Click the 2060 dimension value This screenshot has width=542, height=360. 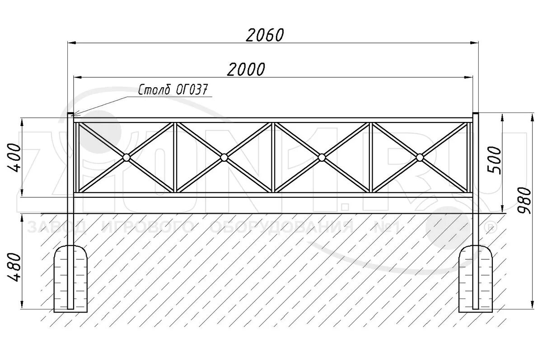coord(266,35)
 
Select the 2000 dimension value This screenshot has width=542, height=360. coord(246,69)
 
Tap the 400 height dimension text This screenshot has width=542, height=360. coord(14,158)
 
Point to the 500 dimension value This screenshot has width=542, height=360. coord(495,159)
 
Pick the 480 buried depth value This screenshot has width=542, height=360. coord(14,268)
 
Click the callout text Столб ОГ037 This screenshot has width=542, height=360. coord(174,90)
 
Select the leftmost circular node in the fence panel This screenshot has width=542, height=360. coord(126,157)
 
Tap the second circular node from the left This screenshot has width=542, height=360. coord(224,157)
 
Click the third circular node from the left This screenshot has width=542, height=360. coord(322,157)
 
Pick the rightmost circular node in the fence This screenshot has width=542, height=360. coord(420,157)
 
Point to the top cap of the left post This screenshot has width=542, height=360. coord(70,114)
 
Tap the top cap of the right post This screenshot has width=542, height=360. coord(476,114)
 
